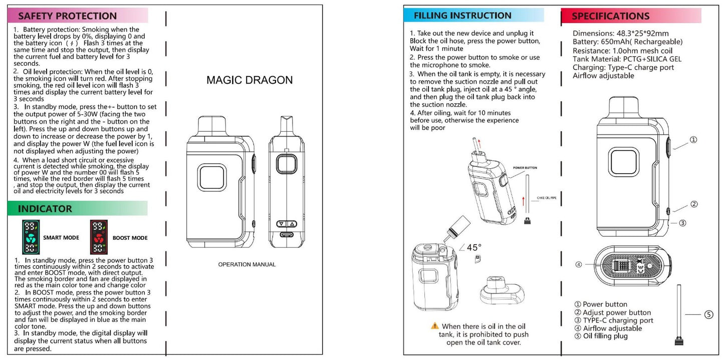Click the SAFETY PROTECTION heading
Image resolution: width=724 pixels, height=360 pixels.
click(x=67, y=16)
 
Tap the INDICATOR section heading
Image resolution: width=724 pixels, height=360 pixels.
click(x=45, y=208)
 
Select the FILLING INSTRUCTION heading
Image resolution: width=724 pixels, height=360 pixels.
click(x=462, y=16)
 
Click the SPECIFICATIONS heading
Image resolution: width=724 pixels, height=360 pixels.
click(x=610, y=16)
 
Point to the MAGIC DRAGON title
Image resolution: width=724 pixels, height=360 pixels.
click(x=250, y=80)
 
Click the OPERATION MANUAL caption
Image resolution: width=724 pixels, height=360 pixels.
click(x=247, y=264)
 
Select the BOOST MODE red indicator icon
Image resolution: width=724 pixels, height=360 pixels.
click(x=99, y=237)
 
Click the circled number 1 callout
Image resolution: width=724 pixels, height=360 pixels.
click(x=693, y=140)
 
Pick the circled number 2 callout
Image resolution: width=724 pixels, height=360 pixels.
click(x=694, y=204)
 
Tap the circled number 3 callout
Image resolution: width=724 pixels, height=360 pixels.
click(x=682, y=223)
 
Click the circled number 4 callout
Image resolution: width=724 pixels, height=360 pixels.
click(x=579, y=264)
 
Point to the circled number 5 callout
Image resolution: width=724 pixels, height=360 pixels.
click(x=708, y=314)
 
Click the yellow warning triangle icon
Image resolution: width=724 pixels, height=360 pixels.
click(x=435, y=326)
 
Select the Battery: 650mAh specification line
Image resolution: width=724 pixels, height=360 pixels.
click(x=627, y=42)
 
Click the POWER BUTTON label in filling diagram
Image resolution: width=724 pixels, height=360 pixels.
click(x=525, y=168)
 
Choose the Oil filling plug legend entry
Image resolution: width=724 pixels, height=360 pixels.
click(x=605, y=336)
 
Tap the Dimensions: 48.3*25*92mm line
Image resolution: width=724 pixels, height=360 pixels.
click(x=620, y=34)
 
